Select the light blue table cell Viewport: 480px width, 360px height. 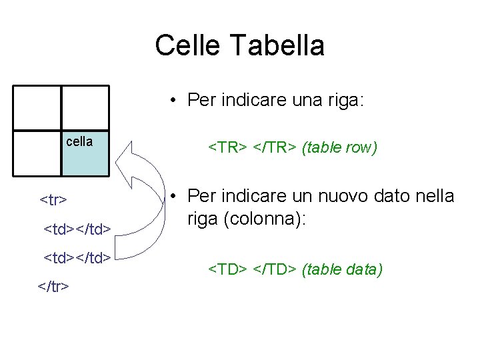tap(85, 154)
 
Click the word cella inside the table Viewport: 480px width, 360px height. tap(79, 141)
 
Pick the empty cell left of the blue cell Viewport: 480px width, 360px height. tap(37, 154)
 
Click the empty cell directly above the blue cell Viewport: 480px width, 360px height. tap(85, 108)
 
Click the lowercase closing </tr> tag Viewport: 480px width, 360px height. tap(54, 286)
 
